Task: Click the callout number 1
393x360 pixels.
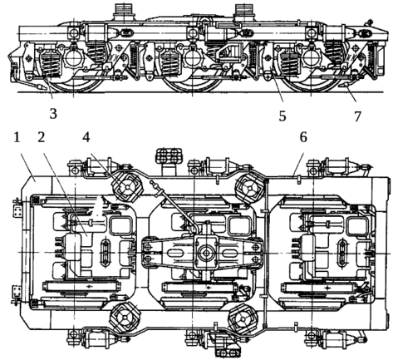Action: point(17,137)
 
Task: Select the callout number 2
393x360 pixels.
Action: point(42,137)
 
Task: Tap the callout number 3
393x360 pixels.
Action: point(53,114)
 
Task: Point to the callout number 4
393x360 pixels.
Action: point(86,137)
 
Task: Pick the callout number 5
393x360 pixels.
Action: point(282,116)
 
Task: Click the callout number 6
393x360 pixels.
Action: point(303,137)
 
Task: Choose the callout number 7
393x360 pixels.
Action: point(357,116)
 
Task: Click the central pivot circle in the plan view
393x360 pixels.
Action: point(206,253)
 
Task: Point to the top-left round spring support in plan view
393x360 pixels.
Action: point(127,187)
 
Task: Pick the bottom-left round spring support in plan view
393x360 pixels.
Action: point(125,318)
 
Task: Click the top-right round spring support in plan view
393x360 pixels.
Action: point(250,189)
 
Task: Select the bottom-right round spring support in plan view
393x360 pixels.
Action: point(243,319)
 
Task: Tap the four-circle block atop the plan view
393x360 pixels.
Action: point(169,155)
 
